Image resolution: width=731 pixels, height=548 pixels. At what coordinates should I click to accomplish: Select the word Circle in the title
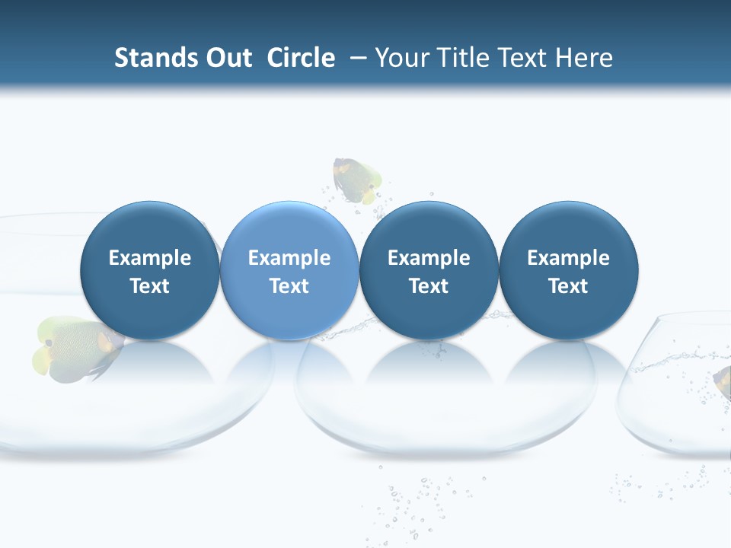(x=301, y=58)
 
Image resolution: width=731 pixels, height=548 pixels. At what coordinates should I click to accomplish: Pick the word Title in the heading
(x=464, y=58)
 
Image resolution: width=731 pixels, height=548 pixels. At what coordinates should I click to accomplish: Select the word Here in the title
(x=587, y=58)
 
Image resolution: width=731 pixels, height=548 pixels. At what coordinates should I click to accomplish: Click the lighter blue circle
(x=289, y=228)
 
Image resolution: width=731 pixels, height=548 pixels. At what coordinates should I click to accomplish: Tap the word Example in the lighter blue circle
(x=289, y=258)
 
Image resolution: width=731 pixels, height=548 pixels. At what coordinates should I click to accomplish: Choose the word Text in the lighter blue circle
(x=289, y=286)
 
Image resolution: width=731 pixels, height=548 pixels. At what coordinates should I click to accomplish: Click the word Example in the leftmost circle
(x=150, y=258)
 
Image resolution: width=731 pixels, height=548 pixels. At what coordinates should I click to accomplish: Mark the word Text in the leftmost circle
(x=150, y=286)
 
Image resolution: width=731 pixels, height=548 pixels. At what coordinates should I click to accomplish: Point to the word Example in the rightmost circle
(x=568, y=258)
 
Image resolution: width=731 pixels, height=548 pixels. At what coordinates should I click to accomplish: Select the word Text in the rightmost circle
(x=568, y=286)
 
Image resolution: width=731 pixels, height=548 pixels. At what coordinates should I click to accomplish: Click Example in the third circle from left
(x=429, y=258)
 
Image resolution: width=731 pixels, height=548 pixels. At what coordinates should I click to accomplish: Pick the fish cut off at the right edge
(x=723, y=381)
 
